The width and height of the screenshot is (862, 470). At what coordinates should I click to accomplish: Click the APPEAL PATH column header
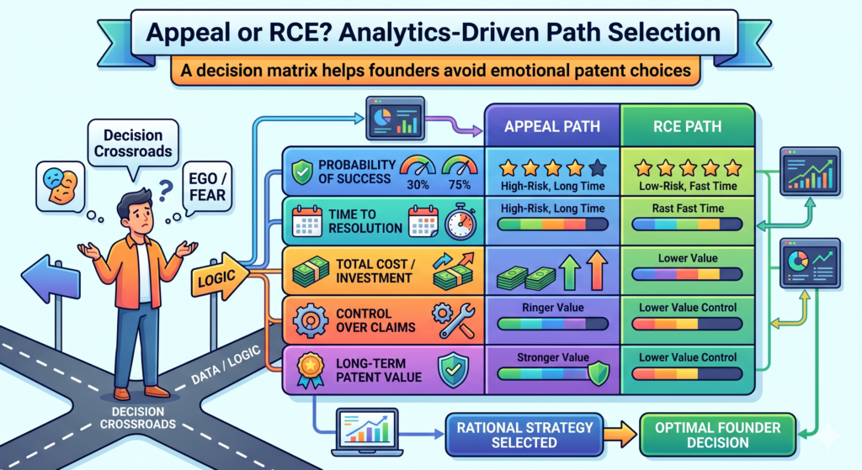click(552, 126)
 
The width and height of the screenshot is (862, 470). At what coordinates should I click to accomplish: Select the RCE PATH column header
click(687, 126)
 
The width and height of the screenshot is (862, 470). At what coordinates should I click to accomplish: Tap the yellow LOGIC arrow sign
click(220, 277)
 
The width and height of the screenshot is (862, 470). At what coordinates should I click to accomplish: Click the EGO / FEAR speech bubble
click(207, 187)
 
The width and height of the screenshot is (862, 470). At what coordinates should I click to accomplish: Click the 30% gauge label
click(418, 185)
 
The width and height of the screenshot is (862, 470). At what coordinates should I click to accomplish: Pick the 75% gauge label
click(460, 185)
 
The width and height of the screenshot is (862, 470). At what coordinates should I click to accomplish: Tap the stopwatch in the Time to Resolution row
click(460, 221)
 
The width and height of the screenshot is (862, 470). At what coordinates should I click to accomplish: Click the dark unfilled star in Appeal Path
click(598, 167)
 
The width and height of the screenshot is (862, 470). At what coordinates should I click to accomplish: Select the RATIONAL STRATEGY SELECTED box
click(524, 435)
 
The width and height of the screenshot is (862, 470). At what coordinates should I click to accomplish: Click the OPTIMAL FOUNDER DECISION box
click(717, 435)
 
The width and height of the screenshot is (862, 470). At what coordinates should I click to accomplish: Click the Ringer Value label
click(552, 308)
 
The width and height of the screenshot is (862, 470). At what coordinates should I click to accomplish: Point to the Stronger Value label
click(552, 357)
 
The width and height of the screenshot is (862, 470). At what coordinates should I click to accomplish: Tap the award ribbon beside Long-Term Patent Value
click(310, 370)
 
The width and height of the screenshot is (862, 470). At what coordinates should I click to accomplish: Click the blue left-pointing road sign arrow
click(51, 279)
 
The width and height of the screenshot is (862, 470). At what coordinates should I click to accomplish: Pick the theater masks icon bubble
click(61, 187)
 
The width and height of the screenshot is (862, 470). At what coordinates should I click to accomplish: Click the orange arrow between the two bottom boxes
click(621, 434)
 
